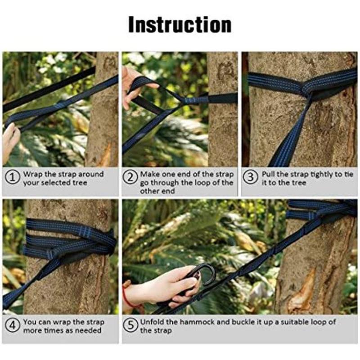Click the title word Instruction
(x=180, y=25)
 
